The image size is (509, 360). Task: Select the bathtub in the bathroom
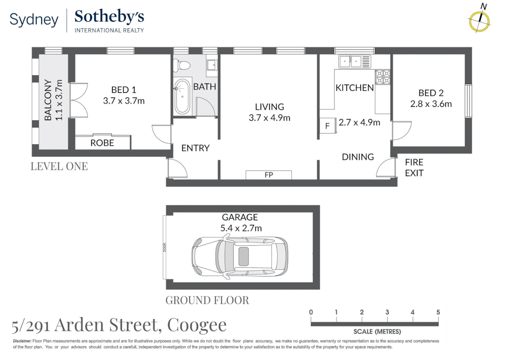(x=182, y=96)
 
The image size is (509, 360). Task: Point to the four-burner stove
(x=383, y=77)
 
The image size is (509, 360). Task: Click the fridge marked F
(x=327, y=126)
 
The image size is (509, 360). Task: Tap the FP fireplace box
(x=268, y=175)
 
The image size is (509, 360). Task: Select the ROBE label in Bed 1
(x=102, y=143)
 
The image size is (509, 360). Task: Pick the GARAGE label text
(x=240, y=217)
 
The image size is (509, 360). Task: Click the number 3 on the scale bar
(x=387, y=312)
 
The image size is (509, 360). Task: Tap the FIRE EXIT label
(x=414, y=168)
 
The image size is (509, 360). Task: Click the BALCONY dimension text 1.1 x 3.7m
(x=59, y=100)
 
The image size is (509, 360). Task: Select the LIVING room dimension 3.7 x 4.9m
(x=269, y=118)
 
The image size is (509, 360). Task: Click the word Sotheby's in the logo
(x=109, y=17)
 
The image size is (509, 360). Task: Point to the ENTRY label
(x=195, y=148)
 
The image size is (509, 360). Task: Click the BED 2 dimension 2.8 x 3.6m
(x=431, y=104)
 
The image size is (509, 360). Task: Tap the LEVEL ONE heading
(x=59, y=166)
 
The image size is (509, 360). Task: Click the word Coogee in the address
(x=197, y=325)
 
